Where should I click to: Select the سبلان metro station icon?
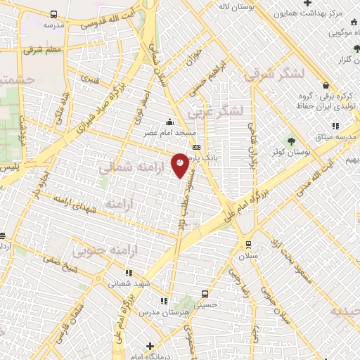click(x=248, y=245)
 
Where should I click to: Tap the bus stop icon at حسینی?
click(x=204, y=294)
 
